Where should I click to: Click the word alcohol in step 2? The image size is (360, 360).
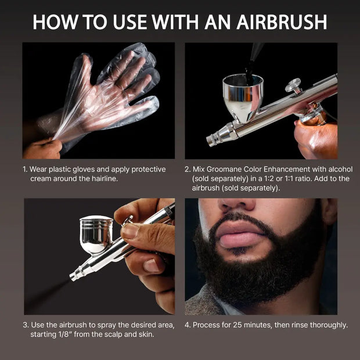point(338,170)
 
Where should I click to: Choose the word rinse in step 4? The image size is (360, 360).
point(294,325)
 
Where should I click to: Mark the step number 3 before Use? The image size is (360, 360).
point(26,325)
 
